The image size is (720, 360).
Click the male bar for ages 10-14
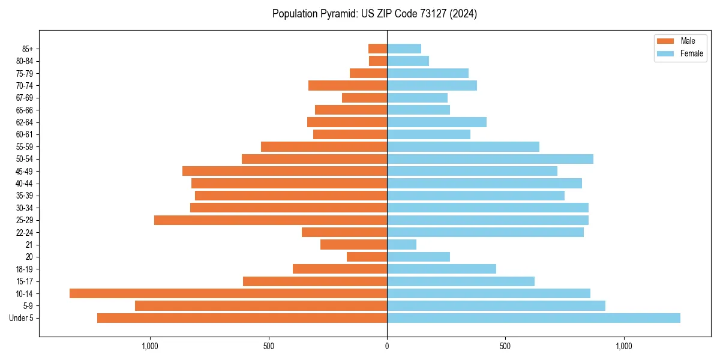tap(228, 293)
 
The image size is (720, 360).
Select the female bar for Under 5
tap(533, 318)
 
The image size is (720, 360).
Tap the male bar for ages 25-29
tap(271, 220)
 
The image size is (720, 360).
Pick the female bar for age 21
tap(401, 244)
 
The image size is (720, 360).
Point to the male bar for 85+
tap(377, 49)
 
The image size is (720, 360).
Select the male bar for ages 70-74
tap(347, 85)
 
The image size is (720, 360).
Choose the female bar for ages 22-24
tap(485, 232)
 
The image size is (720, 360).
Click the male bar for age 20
tap(367, 257)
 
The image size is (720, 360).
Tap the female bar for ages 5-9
tap(496, 306)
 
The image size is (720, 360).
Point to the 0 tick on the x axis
tap(387, 346)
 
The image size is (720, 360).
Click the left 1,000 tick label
tap(149, 346)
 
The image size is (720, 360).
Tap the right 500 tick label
tap(505, 346)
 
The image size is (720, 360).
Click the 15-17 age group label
tap(25, 281)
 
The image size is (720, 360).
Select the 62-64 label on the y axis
tap(25, 122)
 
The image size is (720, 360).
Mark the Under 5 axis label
tap(22, 318)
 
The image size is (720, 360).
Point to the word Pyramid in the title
tap(337, 14)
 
